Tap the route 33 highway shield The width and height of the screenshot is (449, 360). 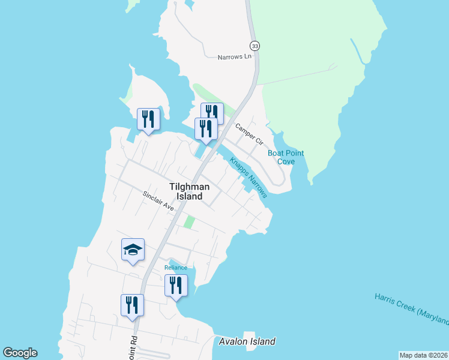pos(255,46)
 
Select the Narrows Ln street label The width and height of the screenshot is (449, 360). pos(234,57)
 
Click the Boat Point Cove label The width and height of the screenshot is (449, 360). pos(286,157)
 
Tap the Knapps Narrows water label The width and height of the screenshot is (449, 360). pos(248,178)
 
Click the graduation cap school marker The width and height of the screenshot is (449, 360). pos(133,250)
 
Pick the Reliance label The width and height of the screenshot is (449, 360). pos(176,268)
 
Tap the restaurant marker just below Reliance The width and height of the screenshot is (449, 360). pos(176,285)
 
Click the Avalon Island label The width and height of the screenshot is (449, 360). pos(247,341)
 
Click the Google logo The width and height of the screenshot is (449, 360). pos(20,353)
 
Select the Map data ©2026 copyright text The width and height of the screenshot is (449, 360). pos(423,355)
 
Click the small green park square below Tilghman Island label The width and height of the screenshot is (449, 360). pos(189,222)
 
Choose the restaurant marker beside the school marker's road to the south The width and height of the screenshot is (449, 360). pos(132,305)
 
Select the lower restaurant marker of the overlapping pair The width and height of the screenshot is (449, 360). pos(206,129)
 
